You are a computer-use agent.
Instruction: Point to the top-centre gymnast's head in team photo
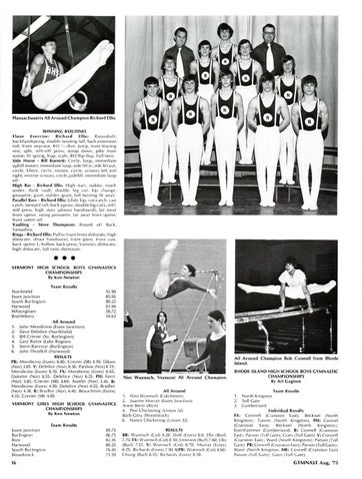coord(224,30)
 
